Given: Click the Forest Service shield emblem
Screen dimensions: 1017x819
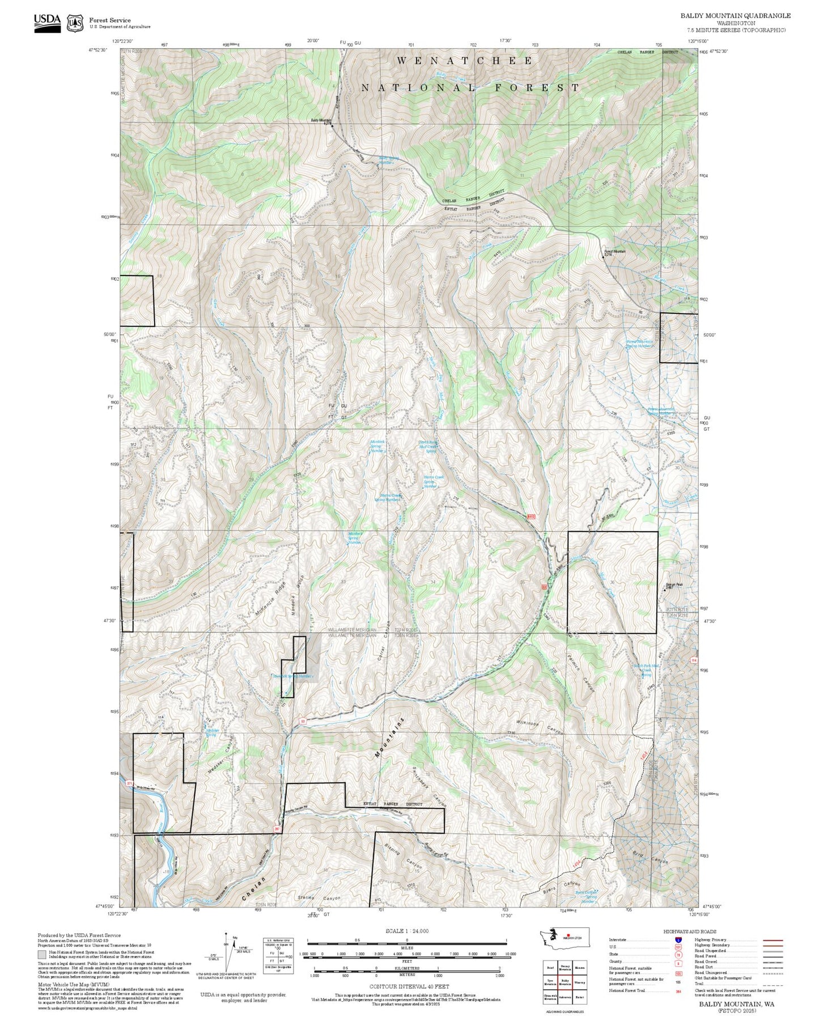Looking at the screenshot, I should coord(75,23).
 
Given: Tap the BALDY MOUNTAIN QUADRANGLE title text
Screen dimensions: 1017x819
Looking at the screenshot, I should coord(735,15).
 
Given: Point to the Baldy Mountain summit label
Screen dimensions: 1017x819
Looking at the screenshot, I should coord(321,120).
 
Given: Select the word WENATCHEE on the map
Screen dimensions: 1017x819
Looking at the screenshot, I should coord(464,61).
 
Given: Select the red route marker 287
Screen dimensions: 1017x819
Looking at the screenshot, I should coord(277,829).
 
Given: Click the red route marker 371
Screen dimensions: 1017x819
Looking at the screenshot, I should coord(130,783).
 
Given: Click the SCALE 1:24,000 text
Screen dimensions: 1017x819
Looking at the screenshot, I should coord(407,931).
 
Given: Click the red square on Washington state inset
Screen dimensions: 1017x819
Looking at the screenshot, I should coord(568,936).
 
